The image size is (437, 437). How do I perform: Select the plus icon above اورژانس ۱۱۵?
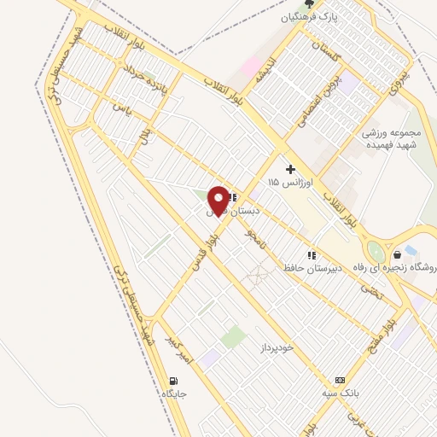click(x=290, y=169)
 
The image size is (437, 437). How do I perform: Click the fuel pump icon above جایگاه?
click(x=174, y=381)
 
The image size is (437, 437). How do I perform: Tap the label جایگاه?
click(x=173, y=394)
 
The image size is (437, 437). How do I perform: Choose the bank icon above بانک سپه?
click(x=341, y=380)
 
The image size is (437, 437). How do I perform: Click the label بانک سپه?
click(x=341, y=393)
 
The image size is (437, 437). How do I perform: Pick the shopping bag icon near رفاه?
click(x=397, y=253)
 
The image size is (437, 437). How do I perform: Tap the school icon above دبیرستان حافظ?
click(x=312, y=254)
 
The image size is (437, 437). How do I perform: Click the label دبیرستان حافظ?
click(x=312, y=268)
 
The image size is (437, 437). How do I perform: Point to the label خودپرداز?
click(x=276, y=348)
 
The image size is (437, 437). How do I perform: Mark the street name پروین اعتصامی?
click(x=314, y=97)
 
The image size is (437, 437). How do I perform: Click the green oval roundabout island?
click(x=375, y=251)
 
